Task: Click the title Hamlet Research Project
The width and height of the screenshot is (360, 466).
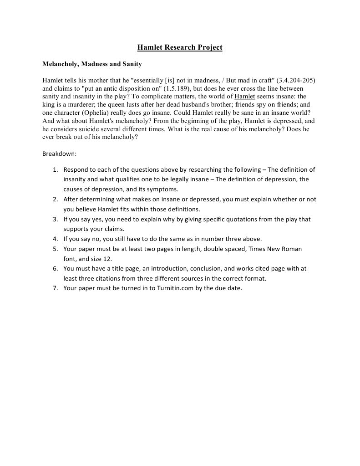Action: click(x=180, y=47)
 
